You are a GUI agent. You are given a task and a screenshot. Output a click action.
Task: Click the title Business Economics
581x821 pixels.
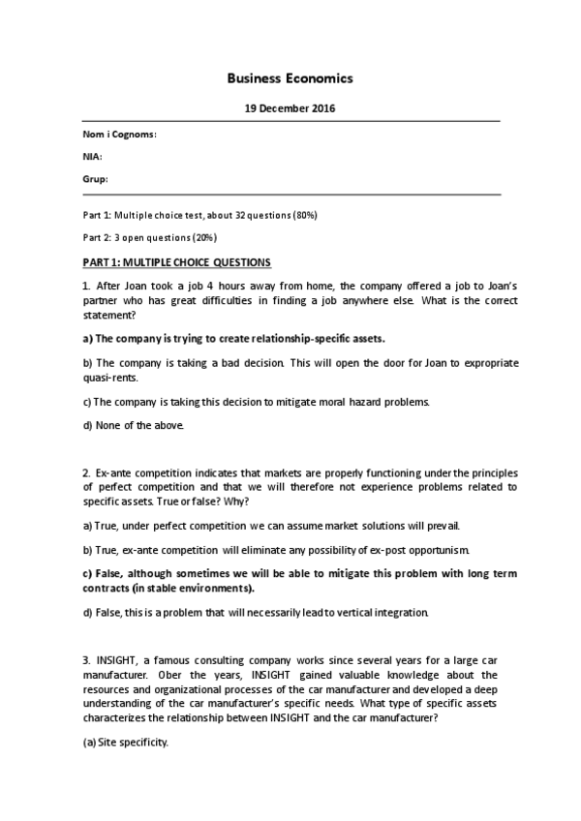pyautogui.click(x=290, y=78)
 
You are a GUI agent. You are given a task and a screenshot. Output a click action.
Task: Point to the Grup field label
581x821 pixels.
pyautogui.click(x=95, y=178)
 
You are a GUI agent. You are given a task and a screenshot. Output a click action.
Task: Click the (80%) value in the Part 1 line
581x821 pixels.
pyautogui.click(x=304, y=214)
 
